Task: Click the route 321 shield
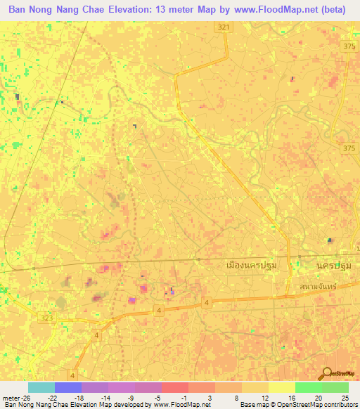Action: coord(224,27)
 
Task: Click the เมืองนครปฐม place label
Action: coord(252,266)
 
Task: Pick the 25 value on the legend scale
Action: coord(345,398)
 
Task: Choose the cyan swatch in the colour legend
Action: coord(41,388)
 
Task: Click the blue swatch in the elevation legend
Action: coord(67,388)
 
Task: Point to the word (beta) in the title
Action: coord(333,10)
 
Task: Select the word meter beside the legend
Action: coord(10,398)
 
